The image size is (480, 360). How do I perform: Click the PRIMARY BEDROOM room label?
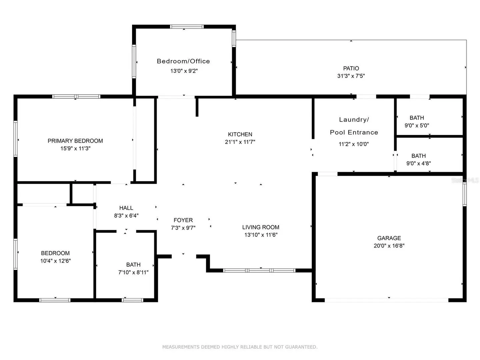coord(75,141)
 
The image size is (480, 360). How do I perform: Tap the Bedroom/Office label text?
coord(183,61)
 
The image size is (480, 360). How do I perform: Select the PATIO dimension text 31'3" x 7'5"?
coord(351,76)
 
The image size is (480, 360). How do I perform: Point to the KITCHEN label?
coord(240,134)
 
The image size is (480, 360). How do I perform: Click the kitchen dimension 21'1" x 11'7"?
coord(240,142)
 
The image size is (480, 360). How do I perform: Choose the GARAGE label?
coord(389,238)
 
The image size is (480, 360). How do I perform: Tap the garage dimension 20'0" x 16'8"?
coord(389,246)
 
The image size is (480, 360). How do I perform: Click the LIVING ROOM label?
coord(261,227)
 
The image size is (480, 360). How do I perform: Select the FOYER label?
coord(183,220)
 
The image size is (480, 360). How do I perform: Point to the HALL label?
coord(126,208)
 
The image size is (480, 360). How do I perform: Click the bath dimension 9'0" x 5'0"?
coord(417,125)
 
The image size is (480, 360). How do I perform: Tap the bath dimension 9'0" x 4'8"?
coord(419,163)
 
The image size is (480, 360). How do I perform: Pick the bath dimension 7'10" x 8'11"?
coord(133,272)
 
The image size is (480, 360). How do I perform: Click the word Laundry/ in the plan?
coord(354,120)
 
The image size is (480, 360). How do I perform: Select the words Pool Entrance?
coord(354,132)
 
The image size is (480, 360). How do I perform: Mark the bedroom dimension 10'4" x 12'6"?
coord(56,261)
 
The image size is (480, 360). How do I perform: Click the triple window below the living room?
coord(259,270)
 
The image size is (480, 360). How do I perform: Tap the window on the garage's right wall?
coord(464,194)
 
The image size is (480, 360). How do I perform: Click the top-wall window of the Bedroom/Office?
coord(187,27)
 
